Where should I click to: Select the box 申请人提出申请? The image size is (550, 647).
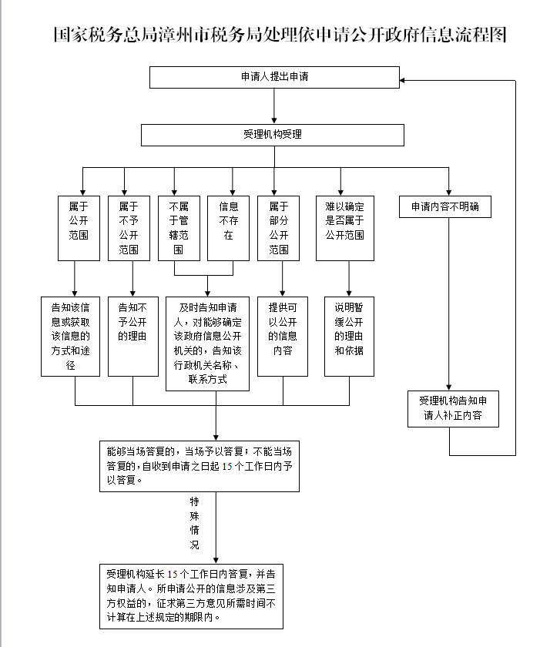[274, 77]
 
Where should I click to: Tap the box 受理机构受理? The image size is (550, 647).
[273, 135]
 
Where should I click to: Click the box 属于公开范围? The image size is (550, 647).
[79, 227]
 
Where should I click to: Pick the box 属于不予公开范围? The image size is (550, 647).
[129, 227]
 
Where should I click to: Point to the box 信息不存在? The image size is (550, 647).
[229, 227]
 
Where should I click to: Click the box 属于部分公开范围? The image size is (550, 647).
[278, 227]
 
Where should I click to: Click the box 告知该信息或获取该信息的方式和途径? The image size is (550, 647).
[71, 336]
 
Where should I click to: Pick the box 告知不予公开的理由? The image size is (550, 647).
[132, 336]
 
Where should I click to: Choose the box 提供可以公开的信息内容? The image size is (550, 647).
[282, 336]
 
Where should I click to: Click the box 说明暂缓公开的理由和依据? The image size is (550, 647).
[349, 336]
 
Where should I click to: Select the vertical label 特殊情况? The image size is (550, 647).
[194, 523]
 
